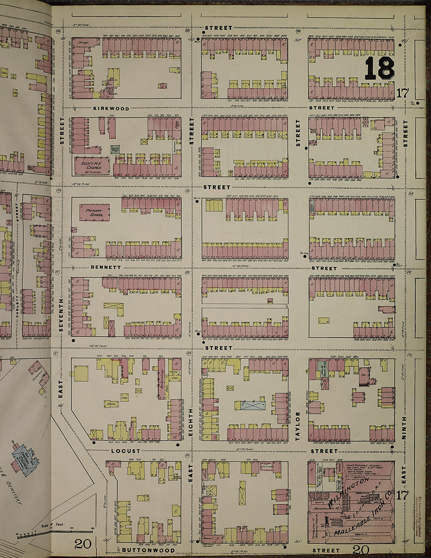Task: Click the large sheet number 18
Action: [379, 69]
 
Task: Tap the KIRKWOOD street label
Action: [111, 109]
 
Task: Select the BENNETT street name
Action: [106, 267]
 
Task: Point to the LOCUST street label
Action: [125, 451]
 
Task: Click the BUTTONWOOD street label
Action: [148, 550]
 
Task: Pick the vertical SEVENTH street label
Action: [61, 315]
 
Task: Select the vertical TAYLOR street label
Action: [298, 426]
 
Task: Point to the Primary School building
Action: [95, 212]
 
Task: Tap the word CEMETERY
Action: [14, 493]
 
